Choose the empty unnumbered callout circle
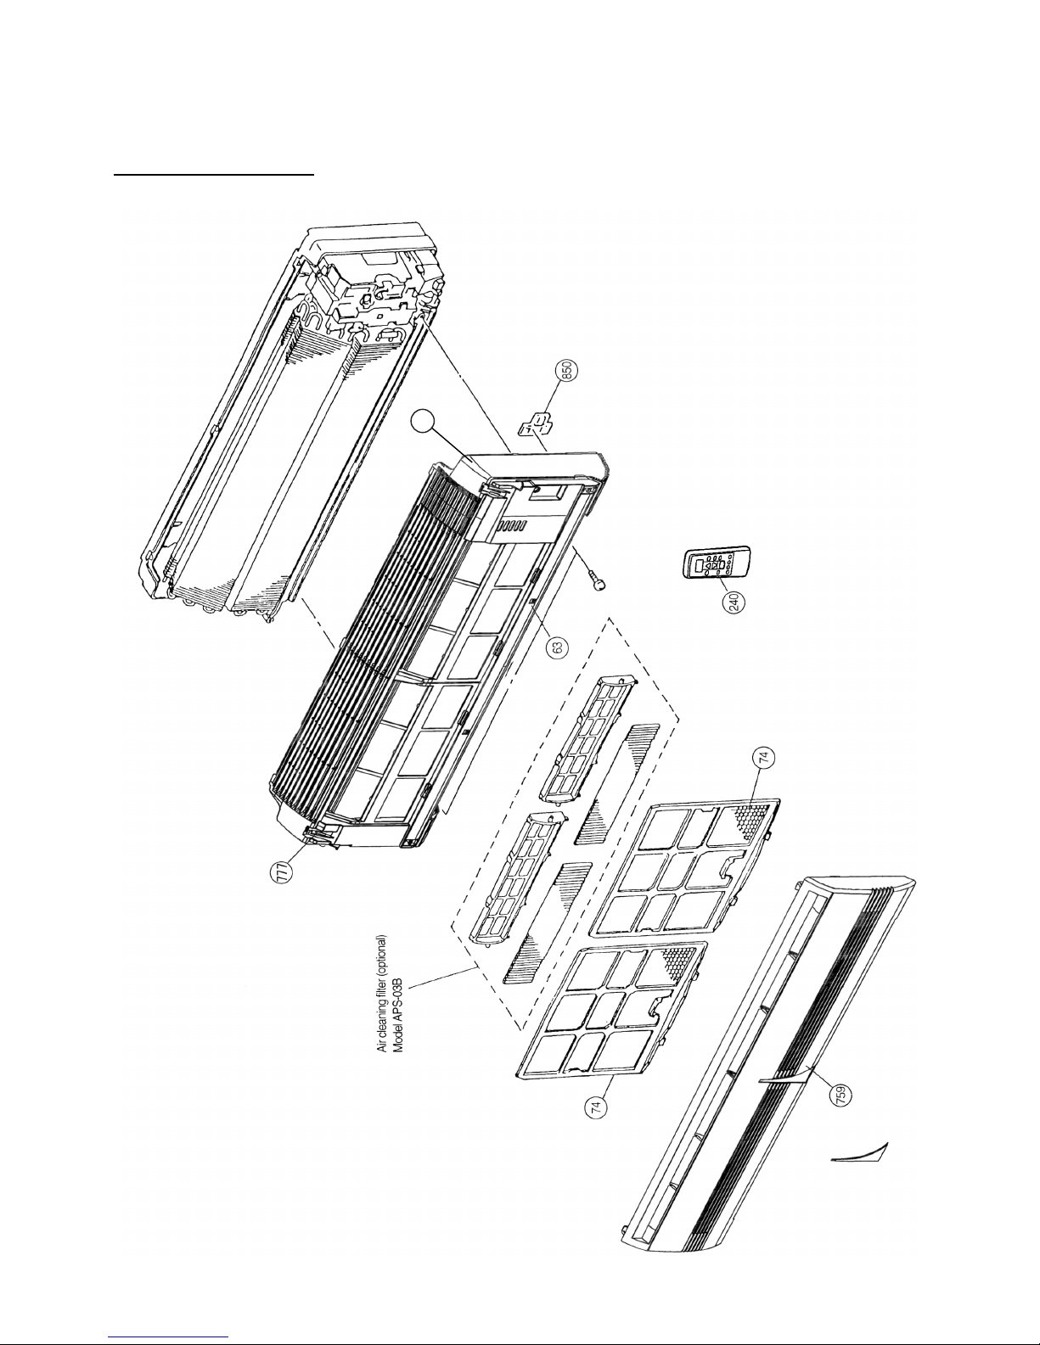click(421, 423)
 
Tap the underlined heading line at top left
click(214, 177)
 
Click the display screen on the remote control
click(701, 565)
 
